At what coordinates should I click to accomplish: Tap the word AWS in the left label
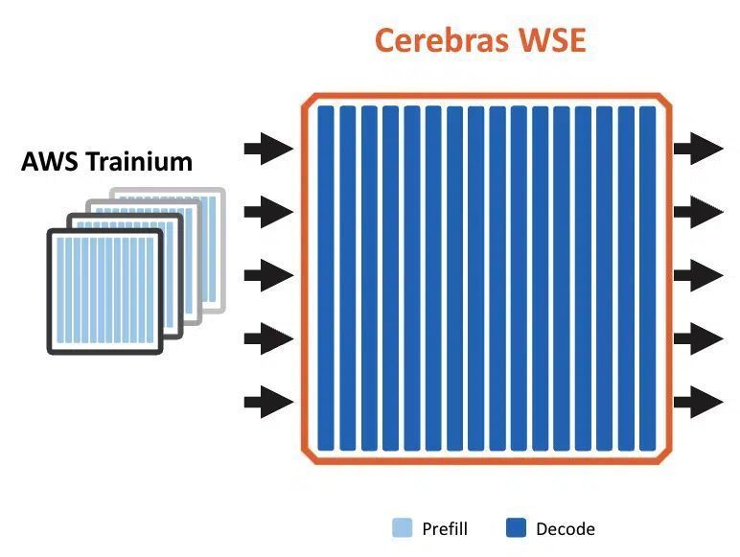click(50, 161)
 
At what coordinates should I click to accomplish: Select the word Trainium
click(140, 161)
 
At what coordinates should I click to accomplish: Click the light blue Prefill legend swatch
click(402, 527)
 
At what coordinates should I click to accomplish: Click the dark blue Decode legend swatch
click(516, 527)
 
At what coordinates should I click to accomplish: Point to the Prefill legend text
click(445, 528)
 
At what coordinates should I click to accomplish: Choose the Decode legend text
click(566, 528)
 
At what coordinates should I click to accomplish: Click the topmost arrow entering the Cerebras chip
click(268, 149)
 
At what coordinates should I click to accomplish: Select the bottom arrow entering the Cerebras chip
click(268, 403)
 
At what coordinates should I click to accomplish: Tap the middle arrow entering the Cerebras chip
click(268, 275)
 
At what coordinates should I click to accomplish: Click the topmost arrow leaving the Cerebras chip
click(699, 149)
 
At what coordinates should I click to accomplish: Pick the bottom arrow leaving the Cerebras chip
click(699, 403)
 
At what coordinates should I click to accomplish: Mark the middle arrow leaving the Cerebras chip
click(699, 275)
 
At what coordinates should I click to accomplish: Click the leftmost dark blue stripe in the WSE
click(326, 278)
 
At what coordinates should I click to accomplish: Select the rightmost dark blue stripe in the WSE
click(648, 278)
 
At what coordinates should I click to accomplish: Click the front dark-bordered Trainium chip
click(104, 291)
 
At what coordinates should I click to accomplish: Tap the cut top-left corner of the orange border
click(309, 101)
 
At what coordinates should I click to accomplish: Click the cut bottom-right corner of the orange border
click(664, 456)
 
